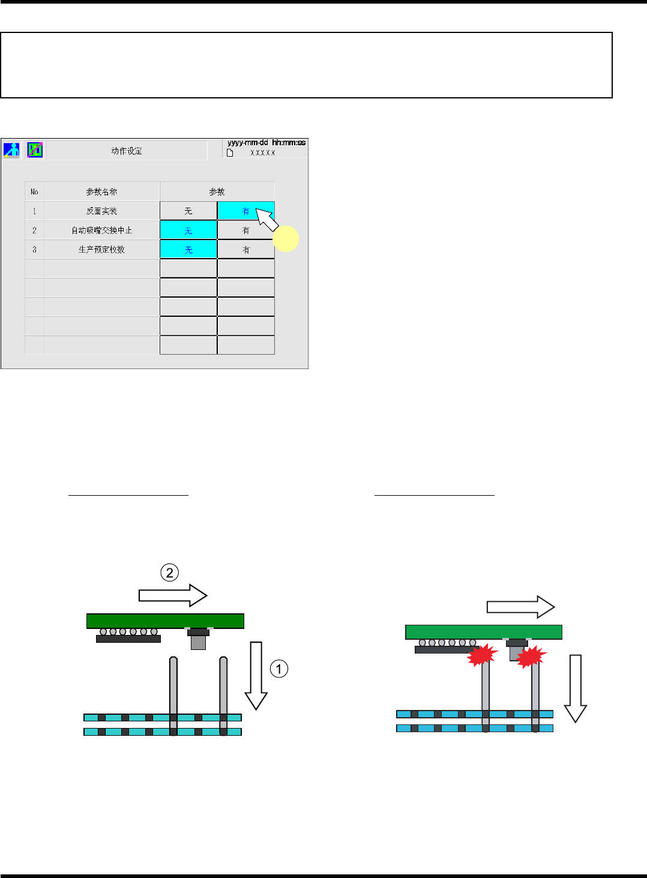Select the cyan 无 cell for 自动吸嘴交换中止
188,230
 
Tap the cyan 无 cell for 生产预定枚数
188,249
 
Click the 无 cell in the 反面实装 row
188,211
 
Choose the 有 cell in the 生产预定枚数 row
246,249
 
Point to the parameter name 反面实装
101,211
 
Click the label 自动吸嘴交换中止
101,230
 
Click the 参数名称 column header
101,191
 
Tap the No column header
34,191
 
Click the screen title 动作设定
127,151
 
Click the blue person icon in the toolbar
11,149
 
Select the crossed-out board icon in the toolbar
35,149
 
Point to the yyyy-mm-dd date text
248,143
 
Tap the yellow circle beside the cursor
286,238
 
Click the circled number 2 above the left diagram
170,573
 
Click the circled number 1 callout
279,669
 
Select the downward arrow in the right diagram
576,688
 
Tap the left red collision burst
483,655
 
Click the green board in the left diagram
165,621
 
